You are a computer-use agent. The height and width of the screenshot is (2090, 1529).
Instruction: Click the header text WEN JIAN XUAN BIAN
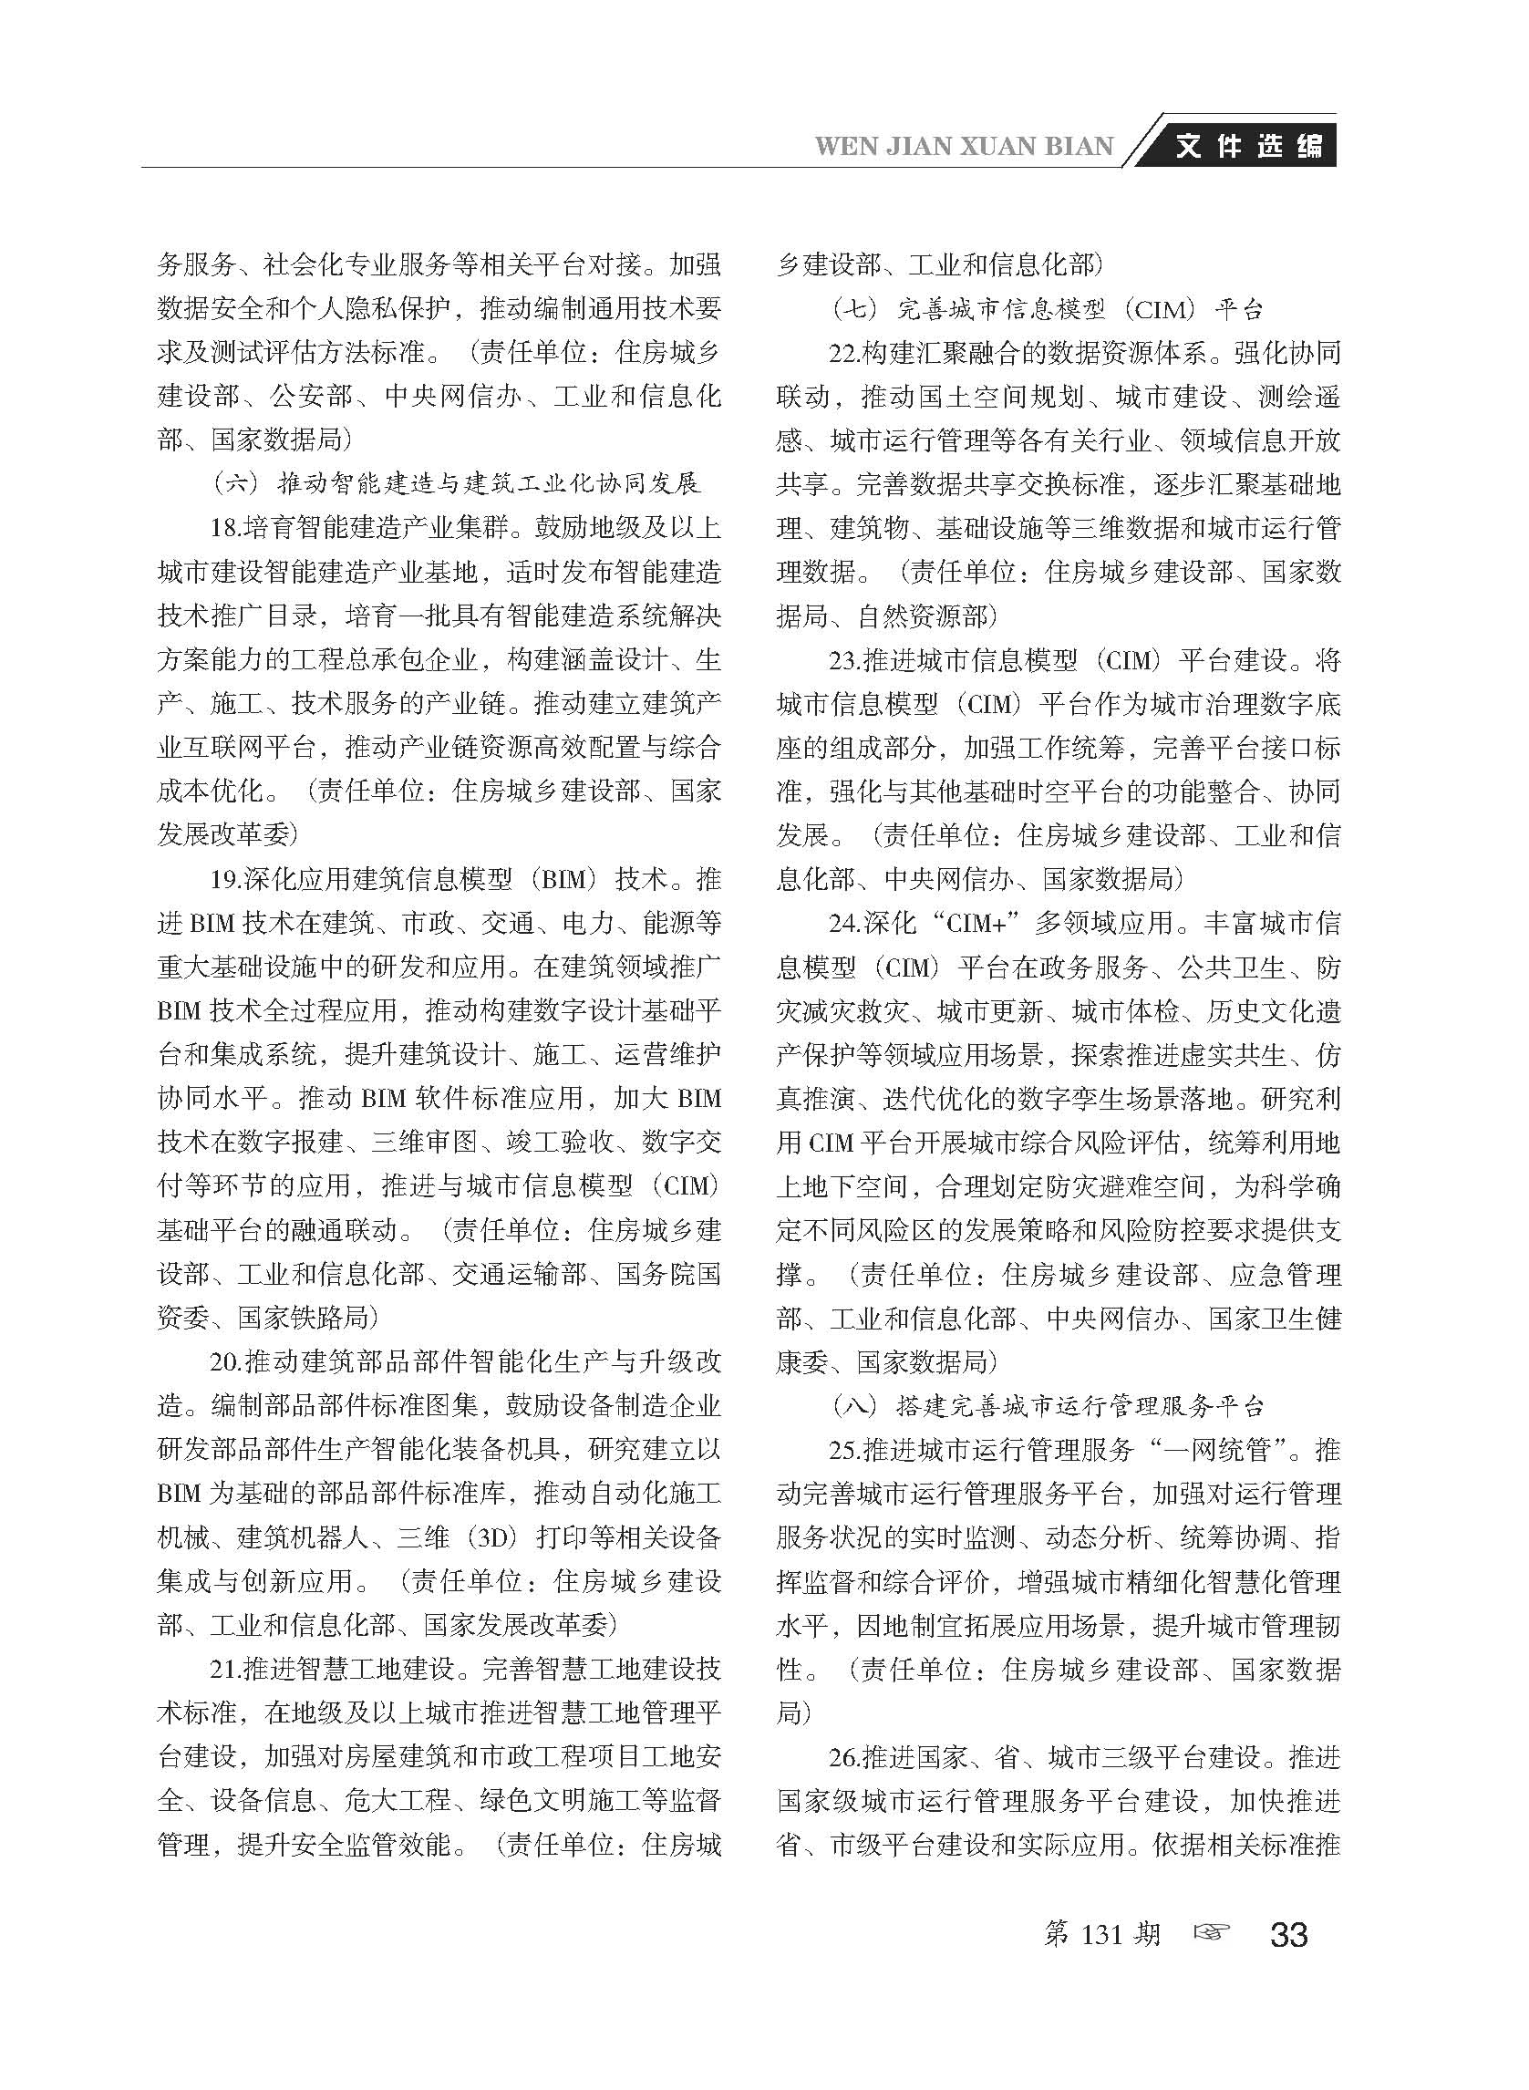(964, 146)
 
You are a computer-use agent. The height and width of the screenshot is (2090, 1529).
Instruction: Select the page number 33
(1288, 1933)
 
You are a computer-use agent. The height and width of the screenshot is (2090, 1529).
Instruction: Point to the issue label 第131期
(1100, 1933)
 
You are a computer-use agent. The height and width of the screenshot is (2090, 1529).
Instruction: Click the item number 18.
(226, 528)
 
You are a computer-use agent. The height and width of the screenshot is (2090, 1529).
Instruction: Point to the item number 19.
(226, 878)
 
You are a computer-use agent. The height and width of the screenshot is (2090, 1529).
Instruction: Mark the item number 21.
(226, 1670)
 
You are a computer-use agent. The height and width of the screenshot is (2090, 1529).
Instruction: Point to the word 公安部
(311, 396)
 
